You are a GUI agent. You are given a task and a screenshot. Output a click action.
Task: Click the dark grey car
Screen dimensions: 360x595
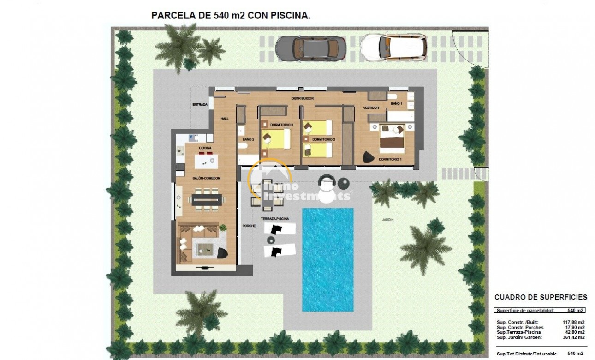(310, 47)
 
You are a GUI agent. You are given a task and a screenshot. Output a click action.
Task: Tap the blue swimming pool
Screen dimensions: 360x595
(327, 259)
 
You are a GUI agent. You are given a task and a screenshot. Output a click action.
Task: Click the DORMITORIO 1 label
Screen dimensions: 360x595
(390, 159)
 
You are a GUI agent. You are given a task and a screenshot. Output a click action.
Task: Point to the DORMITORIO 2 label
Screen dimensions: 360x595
(323, 139)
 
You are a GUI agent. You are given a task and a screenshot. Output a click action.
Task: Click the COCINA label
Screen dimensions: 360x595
(205, 148)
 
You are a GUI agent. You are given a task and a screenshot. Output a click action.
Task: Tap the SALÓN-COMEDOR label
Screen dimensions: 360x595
(206, 178)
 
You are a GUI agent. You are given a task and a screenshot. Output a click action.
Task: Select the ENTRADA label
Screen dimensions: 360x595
(200, 105)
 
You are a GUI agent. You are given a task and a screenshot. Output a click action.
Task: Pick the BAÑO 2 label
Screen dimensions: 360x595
(248, 139)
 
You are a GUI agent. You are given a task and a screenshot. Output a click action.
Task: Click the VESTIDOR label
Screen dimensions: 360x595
(371, 108)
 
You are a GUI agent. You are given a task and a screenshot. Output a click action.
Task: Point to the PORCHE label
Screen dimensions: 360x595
(249, 226)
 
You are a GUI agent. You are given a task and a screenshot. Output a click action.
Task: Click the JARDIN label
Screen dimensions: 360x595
(387, 220)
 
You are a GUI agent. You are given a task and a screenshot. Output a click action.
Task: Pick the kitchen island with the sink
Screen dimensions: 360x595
(206, 161)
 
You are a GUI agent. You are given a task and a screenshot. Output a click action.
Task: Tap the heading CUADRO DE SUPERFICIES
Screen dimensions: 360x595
(541, 297)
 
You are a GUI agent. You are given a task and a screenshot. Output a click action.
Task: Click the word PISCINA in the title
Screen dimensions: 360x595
(291, 15)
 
